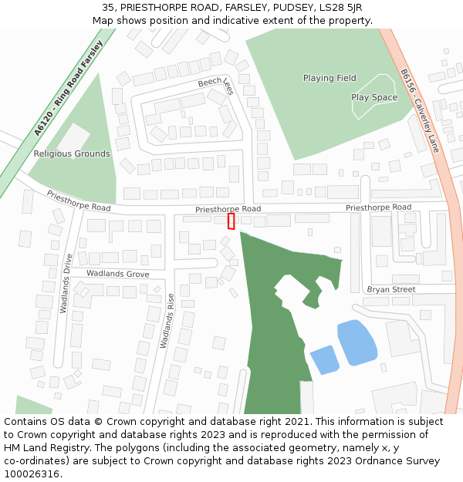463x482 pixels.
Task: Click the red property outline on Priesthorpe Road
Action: pyautogui.click(x=231, y=221)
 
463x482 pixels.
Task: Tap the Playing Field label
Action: pyautogui.click(x=330, y=78)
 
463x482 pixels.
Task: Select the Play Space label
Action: pyautogui.click(x=374, y=97)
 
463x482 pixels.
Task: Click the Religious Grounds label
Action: pyautogui.click(x=72, y=153)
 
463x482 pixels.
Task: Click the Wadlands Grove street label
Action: pyautogui.click(x=117, y=274)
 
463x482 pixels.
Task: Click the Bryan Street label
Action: pyautogui.click(x=390, y=289)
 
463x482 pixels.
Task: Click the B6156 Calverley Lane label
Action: pyautogui.click(x=419, y=109)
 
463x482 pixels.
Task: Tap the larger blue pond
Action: pyautogui.click(x=357, y=342)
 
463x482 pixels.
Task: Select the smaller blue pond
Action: pyautogui.click(x=324, y=359)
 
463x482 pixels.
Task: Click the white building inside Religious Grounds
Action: pyautogui.click(x=73, y=138)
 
